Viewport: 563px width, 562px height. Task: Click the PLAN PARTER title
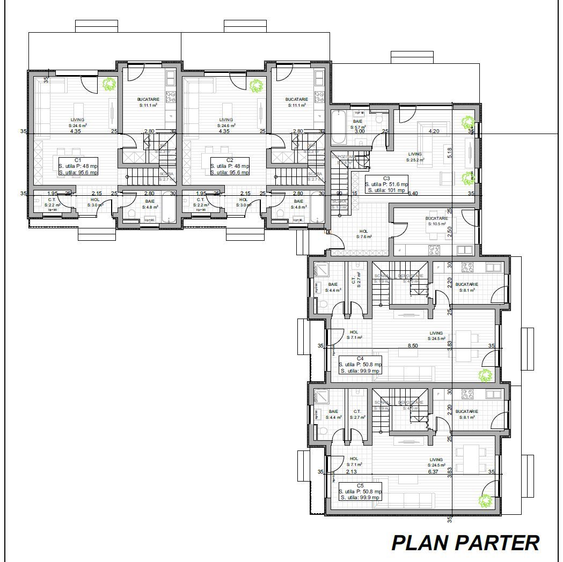pos(465,543)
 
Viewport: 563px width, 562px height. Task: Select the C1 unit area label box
pos(78,166)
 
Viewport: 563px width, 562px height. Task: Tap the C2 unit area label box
pos(230,166)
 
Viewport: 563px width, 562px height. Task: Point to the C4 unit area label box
pos(360,365)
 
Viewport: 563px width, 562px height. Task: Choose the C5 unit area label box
pos(360,491)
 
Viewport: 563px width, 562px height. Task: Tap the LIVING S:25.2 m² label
pos(414,157)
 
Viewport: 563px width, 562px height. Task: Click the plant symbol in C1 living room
pos(109,84)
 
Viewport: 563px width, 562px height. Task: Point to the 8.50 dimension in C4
pos(413,346)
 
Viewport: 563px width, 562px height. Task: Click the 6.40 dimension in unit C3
pos(413,193)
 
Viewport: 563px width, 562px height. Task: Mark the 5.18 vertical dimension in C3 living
pos(450,152)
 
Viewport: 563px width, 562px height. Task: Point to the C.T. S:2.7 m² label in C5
pos(357,414)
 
